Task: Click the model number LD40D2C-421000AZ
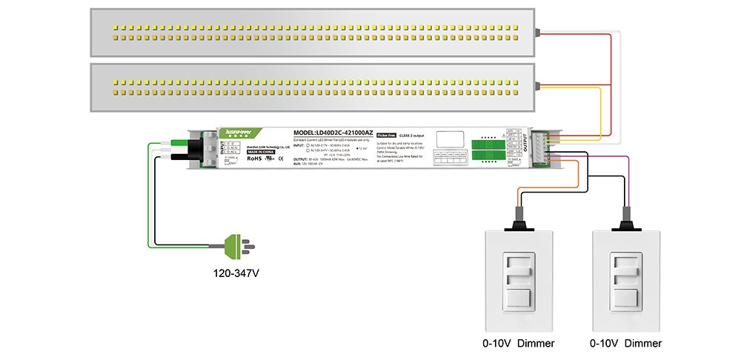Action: click(333, 132)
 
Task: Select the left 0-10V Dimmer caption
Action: click(519, 343)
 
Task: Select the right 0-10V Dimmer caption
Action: click(625, 343)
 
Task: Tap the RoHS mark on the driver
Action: click(254, 158)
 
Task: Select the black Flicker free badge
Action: click(385, 135)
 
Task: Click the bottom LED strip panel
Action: click(311, 87)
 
